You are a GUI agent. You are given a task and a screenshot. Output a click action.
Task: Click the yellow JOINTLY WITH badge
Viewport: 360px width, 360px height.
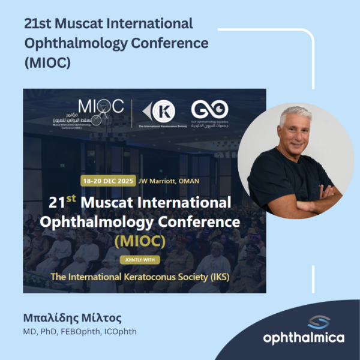pyautogui.click(x=143, y=260)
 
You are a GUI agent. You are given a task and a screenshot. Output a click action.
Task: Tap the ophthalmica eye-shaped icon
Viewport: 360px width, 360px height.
pyautogui.click(x=304, y=322)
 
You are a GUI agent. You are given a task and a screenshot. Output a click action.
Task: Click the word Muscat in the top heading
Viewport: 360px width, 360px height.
pyautogui.click(x=76, y=25)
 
